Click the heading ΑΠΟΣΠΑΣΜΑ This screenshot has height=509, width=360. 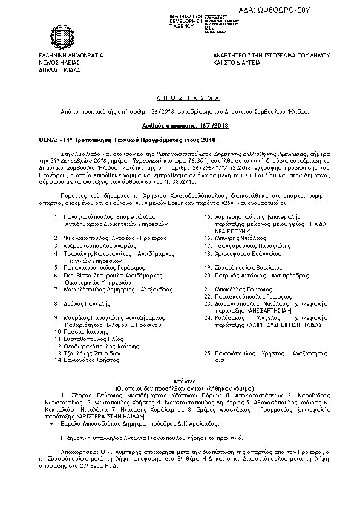[180, 97]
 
